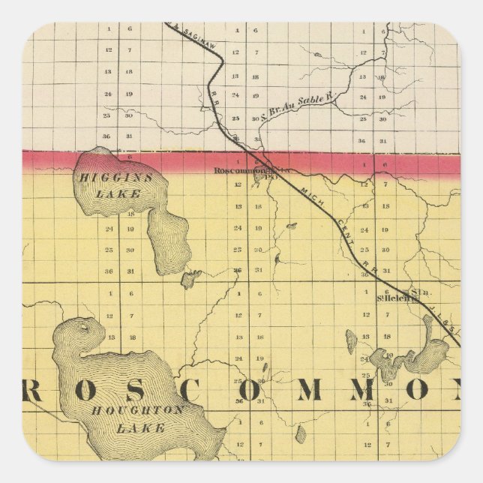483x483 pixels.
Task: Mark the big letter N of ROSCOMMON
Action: pyautogui.click(x=441, y=389)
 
